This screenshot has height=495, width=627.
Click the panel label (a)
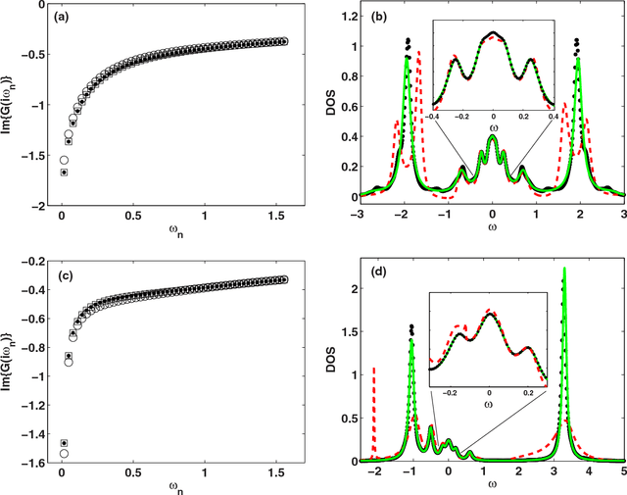click(60, 18)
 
